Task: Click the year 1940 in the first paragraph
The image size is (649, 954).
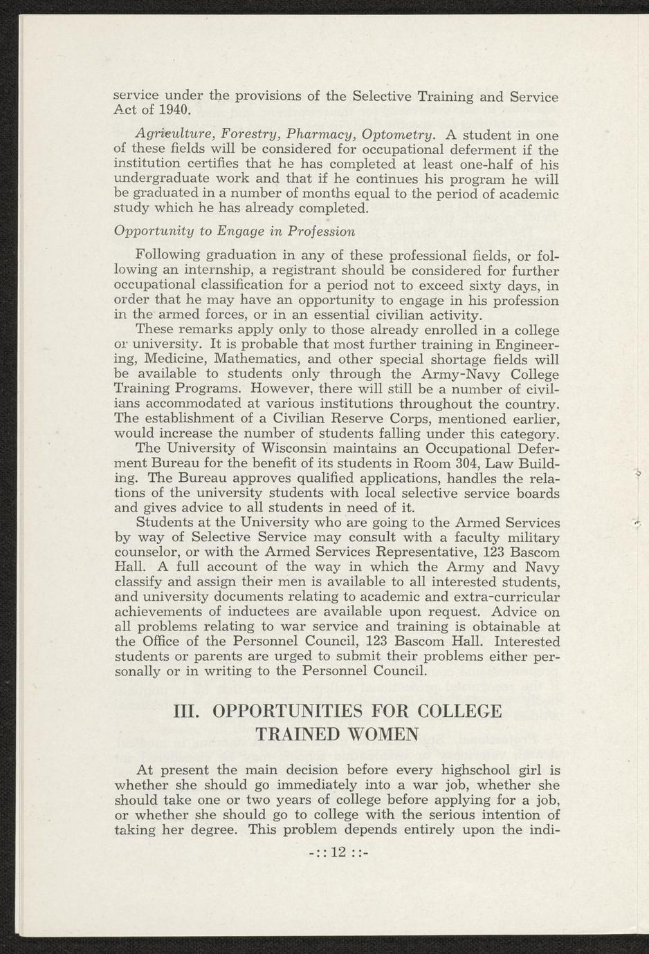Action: pyautogui.click(x=174, y=110)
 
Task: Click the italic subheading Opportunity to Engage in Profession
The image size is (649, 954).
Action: pyautogui.click(x=234, y=230)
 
